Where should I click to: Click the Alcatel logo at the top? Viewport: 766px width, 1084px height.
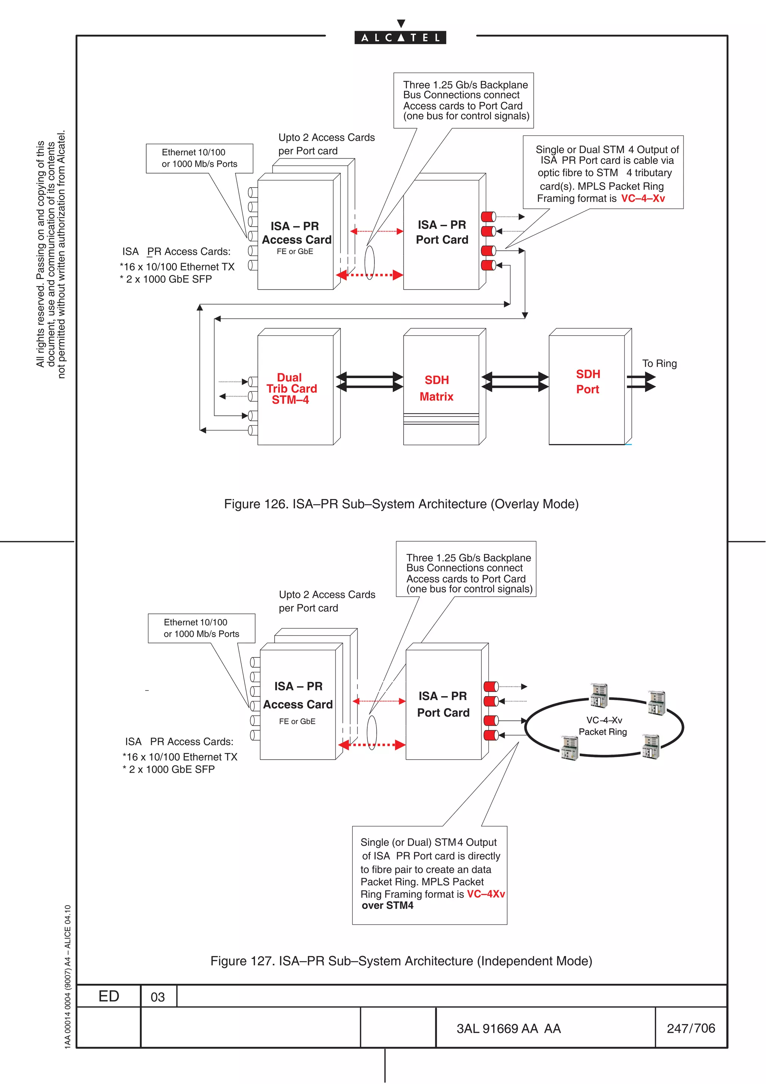400,37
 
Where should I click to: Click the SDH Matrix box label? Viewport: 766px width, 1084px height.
436,388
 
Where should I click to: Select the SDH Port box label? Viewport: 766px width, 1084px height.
588,382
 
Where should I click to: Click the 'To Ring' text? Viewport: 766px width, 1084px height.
659,364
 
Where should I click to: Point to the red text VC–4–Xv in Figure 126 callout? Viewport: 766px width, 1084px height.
643,198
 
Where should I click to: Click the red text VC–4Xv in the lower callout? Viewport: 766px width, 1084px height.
485,894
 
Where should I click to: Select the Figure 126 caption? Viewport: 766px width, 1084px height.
401,504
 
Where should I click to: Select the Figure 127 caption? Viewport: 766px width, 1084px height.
401,961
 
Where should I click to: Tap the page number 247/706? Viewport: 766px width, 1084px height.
691,1028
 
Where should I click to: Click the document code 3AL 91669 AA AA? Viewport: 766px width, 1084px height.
508,1028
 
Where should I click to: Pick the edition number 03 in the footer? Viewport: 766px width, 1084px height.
157,996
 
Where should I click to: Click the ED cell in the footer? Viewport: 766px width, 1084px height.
108,996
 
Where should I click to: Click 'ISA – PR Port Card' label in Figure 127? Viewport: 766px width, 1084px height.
443,704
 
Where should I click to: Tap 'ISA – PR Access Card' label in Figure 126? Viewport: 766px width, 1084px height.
296,233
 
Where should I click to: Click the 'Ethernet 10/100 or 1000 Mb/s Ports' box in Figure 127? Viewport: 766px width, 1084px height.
202,628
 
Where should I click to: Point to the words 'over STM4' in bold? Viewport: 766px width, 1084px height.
387,906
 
